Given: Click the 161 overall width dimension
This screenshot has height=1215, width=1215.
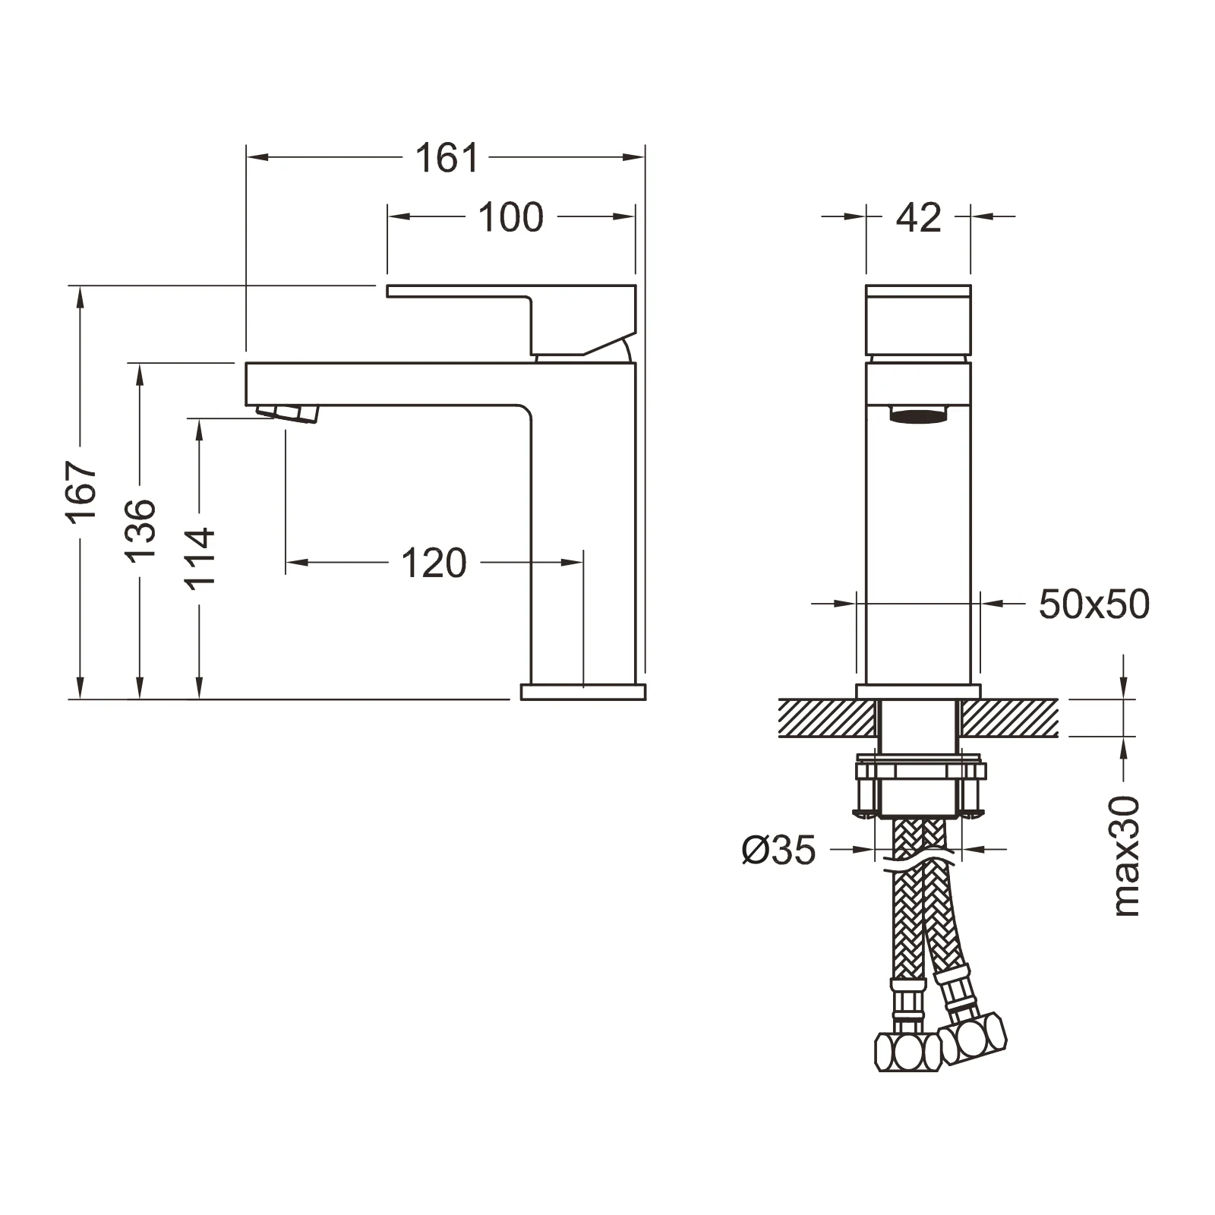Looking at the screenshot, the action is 447,158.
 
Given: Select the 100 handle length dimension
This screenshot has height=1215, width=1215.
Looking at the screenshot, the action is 511,217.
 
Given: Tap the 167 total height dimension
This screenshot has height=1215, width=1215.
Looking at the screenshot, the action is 82,491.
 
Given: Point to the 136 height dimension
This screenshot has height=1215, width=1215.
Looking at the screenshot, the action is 141,530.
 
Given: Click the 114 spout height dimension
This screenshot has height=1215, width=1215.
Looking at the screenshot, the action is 201,557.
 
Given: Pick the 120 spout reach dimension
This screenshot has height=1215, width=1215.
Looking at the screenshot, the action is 434,563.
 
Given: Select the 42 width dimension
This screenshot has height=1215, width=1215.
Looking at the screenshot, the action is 919,217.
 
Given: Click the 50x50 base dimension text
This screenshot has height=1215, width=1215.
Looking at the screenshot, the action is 1094,604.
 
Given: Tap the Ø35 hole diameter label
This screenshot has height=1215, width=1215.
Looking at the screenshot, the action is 779,850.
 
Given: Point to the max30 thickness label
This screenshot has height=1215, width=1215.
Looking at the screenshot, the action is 1127,856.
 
